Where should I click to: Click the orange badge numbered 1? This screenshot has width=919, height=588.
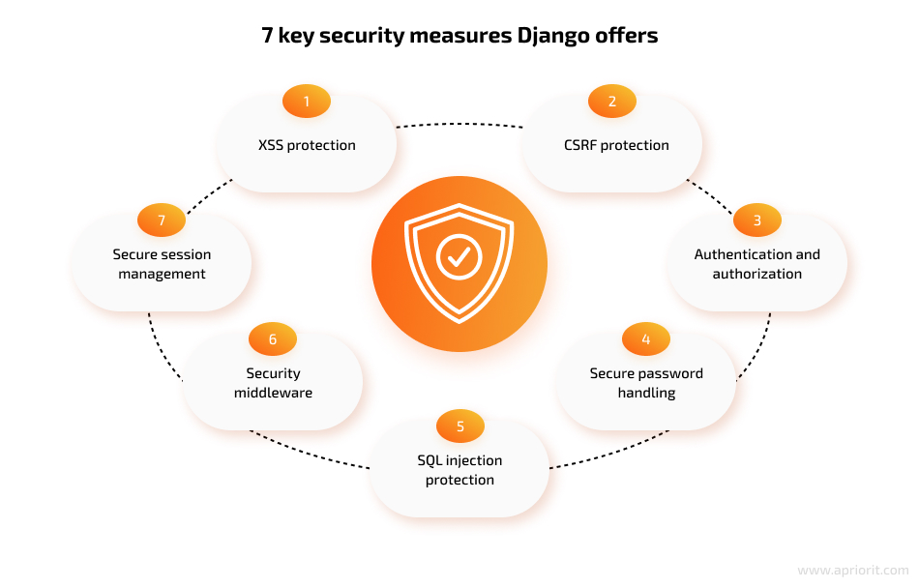point(307,102)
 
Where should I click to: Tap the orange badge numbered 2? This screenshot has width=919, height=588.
point(612,102)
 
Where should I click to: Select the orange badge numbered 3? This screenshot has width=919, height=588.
point(757,220)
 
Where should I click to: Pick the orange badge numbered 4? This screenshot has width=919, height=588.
point(646,339)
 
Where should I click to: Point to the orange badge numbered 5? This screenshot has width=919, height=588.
point(460,426)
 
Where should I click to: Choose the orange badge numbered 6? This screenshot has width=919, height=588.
point(273,339)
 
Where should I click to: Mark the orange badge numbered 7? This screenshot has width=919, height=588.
point(162,220)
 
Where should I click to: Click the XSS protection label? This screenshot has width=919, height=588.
point(307,145)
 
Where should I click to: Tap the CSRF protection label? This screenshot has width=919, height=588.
point(616,145)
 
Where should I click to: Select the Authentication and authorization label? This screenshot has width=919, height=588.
point(757,264)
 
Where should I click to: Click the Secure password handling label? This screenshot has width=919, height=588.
point(646,383)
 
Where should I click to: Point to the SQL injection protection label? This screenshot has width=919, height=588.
point(460,470)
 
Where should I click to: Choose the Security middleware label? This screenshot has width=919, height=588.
point(273,383)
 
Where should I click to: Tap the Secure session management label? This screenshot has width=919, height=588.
point(162,264)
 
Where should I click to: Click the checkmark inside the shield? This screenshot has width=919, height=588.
point(459,256)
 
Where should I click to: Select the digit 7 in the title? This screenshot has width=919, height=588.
point(267,35)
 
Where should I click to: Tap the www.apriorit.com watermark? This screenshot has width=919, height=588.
point(853,571)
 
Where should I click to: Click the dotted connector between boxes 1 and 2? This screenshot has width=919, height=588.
point(459,124)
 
